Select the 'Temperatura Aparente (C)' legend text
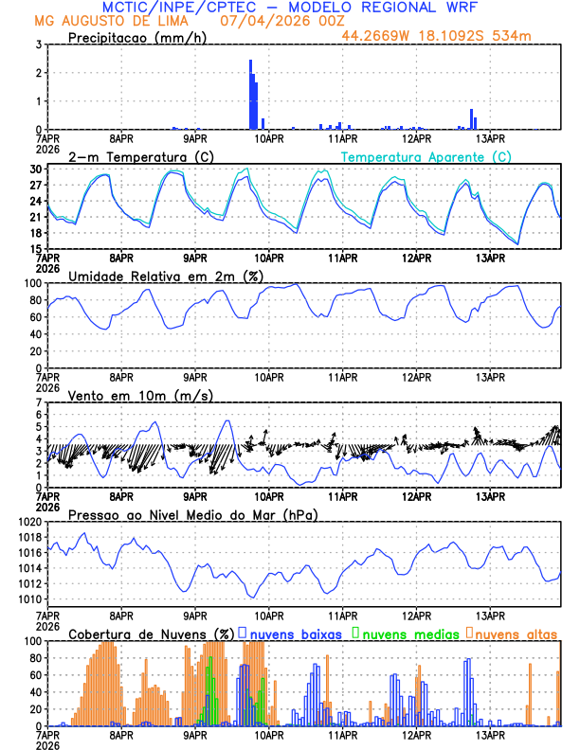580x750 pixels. click(426, 156)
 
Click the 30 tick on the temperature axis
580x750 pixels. click(35, 170)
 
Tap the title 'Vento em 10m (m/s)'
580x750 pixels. click(140, 395)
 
